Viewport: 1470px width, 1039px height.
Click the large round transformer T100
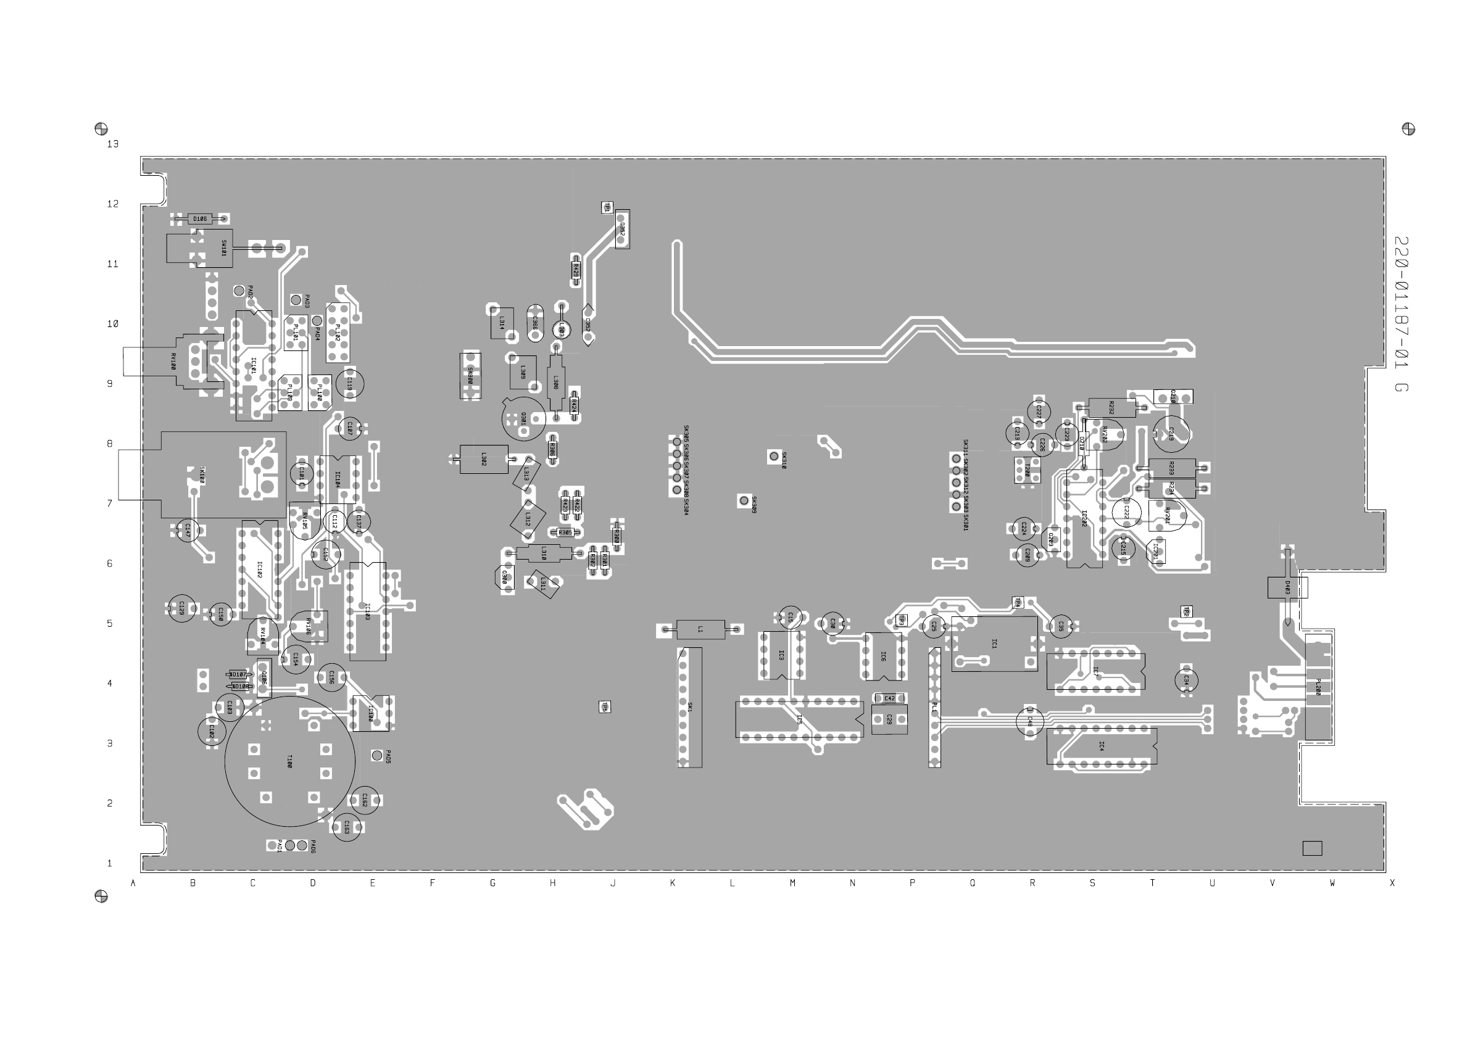pyautogui.click(x=289, y=761)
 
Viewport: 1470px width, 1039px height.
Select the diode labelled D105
pyautogui.click(x=200, y=219)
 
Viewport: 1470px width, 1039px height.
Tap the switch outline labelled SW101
pyautogui.click(x=199, y=248)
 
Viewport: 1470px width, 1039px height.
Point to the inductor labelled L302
pyautogui.click(x=483, y=459)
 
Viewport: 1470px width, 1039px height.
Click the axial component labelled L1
pyautogui.click(x=700, y=630)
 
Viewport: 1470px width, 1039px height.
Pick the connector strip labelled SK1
pyautogui.click(x=689, y=708)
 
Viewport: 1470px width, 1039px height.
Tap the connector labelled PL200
pyautogui.click(x=1318, y=689)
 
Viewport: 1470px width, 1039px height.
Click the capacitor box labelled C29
pyautogui.click(x=889, y=719)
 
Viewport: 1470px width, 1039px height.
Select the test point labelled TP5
pyautogui.click(x=604, y=706)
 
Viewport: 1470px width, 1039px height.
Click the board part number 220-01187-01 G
pyautogui.click(x=1401, y=314)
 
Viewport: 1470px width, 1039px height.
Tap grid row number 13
pyautogui.click(x=113, y=144)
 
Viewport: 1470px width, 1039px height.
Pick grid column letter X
pyautogui.click(x=1392, y=883)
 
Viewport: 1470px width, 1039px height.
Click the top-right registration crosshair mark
pyautogui.click(x=1408, y=129)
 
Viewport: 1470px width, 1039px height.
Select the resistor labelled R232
pyautogui.click(x=1111, y=408)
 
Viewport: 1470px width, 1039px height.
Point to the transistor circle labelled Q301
pyautogui.click(x=524, y=419)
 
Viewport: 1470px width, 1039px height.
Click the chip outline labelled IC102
pyautogui.click(x=260, y=570)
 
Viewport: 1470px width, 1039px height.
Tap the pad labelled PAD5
pyautogui.click(x=376, y=756)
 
